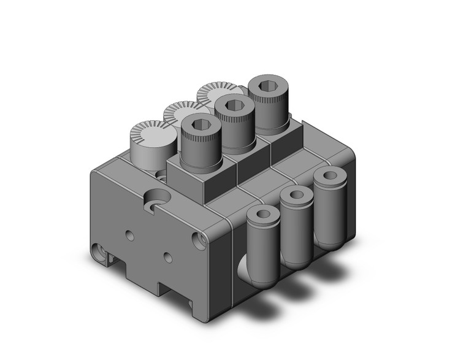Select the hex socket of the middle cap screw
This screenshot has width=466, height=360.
click(233, 106)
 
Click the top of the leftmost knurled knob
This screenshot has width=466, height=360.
click(148, 131)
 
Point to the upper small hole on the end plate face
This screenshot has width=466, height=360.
click(129, 234)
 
